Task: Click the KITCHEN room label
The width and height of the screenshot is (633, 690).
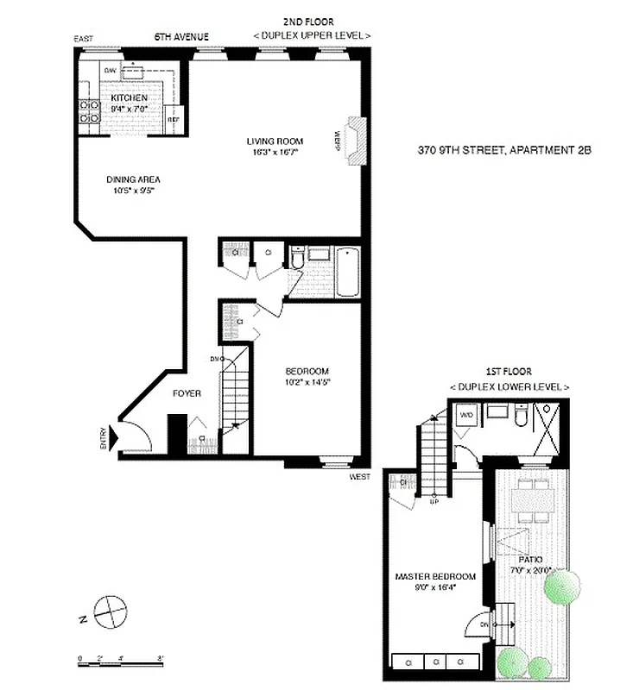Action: [130, 98]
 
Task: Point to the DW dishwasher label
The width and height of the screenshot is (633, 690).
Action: [110, 71]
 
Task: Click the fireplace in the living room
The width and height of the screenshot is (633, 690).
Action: [355, 141]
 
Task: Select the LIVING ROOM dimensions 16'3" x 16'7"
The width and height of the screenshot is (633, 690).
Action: [272, 152]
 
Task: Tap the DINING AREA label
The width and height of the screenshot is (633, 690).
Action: [133, 179]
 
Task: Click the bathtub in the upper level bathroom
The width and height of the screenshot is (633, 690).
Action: [346, 273]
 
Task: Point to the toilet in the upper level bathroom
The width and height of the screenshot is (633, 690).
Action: [298, 258]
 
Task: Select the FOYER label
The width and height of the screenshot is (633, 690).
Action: [187, 393]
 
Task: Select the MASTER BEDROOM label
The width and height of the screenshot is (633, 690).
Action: [435, 576]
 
